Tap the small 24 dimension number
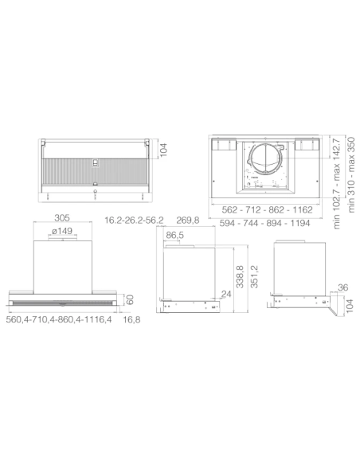(x=226, y=295)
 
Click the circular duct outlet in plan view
(x=267, y=165)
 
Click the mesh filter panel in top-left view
(x=94, y=169)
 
